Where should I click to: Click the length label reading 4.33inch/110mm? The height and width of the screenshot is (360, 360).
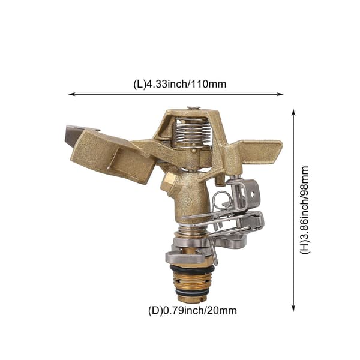tap(180, 84)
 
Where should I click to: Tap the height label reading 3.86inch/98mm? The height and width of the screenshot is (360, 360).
tap(305, 210)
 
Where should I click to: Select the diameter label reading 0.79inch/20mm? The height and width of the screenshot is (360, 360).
tap(193, 311)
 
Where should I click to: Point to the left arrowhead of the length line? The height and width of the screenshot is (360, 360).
tap(72, 94)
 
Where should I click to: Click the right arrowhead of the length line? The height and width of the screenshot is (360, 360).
tap(281, 94)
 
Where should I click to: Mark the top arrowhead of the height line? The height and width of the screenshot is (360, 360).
tap(293, 112)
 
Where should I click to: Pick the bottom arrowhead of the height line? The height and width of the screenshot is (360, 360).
tap(293, 308)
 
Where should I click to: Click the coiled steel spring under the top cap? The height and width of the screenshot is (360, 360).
tap(193, 133)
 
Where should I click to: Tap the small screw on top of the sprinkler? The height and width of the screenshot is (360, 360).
tap(194, 107)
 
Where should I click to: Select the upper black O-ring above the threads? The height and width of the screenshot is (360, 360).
tap(193, 268)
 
